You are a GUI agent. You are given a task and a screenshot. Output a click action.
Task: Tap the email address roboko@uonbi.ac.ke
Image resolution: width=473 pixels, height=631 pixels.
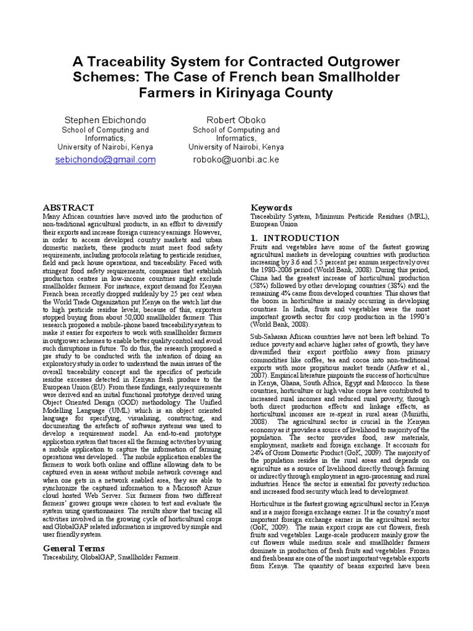pos(236,160)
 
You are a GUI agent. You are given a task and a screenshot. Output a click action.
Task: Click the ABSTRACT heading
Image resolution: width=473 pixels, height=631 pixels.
pos(68,208)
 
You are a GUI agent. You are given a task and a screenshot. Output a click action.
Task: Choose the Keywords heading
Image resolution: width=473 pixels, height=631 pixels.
pos(271,208)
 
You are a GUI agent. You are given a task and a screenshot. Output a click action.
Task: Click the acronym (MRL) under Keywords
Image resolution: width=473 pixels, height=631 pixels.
pos(416,217)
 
